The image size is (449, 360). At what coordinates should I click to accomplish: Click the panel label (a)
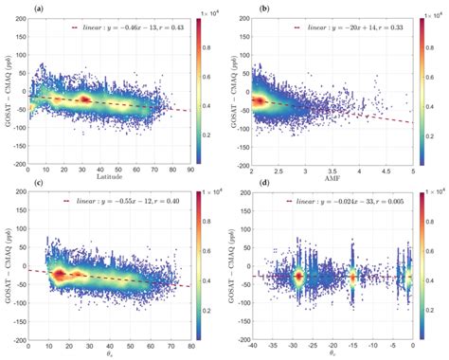pyautogui.click(x=10, y=8)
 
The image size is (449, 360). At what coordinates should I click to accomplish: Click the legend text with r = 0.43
pyautogui.click(x=125, y=28)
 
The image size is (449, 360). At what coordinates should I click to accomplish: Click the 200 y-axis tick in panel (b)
pyautogui.click(x=244, y=17)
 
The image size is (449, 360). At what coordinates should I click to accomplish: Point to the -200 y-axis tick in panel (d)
pyautogui.click(x=242, y=338)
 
